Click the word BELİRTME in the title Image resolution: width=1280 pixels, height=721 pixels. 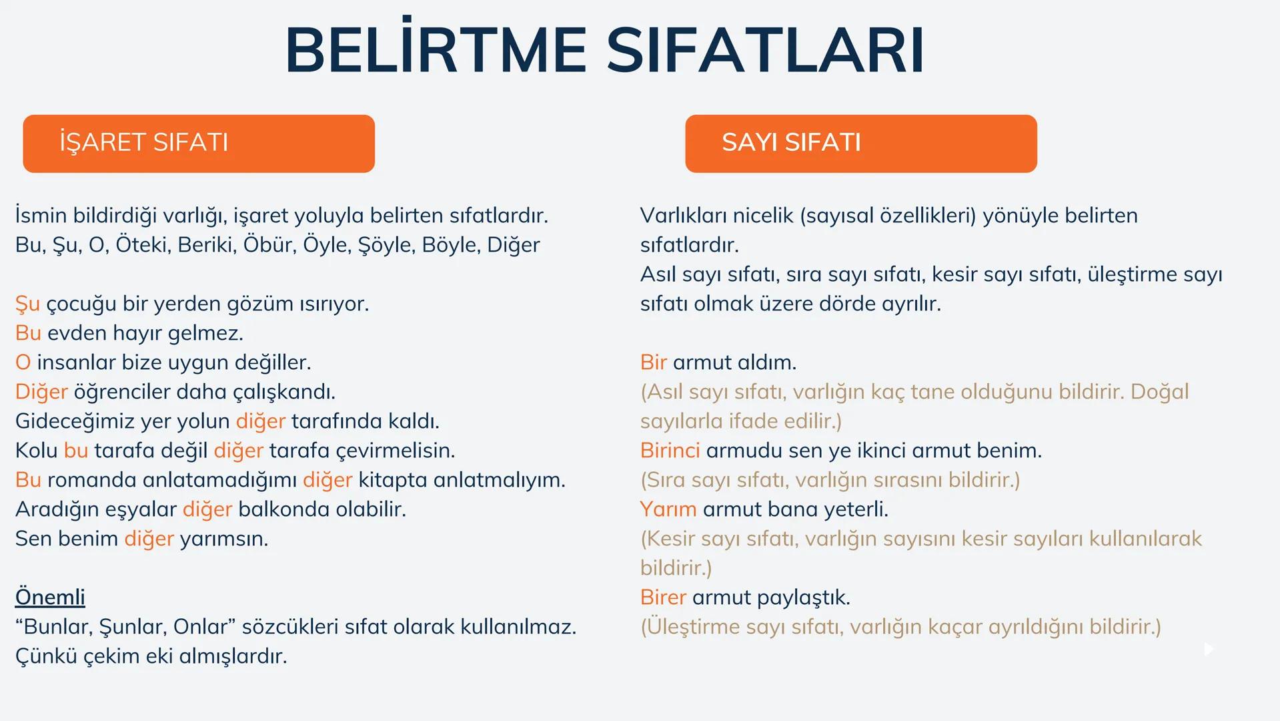click(x=436, y=51)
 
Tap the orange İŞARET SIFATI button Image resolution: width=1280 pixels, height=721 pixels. click(x=199, y=144)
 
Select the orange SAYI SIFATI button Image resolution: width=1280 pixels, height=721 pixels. click(x=860, y=144)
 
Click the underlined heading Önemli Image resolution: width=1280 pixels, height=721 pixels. click(x=50, y=597)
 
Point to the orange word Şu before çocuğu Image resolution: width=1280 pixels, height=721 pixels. click(x=27, y=304)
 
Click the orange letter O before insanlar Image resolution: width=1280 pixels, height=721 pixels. click(x=23, y=363)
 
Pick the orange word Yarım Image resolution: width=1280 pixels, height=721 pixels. click(x=668, y=509)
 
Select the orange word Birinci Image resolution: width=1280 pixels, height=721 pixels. click(x=670, y=451)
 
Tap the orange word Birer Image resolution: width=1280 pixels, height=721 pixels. click(x=663, y=597)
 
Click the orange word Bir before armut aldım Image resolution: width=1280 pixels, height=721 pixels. click(x=653, y=363)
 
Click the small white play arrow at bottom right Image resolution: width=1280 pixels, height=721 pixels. click(x=1208, y=649)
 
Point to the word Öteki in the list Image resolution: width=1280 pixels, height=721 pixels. click(x=143, y=245)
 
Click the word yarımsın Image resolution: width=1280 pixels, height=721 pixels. click(x=223, y=539)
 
